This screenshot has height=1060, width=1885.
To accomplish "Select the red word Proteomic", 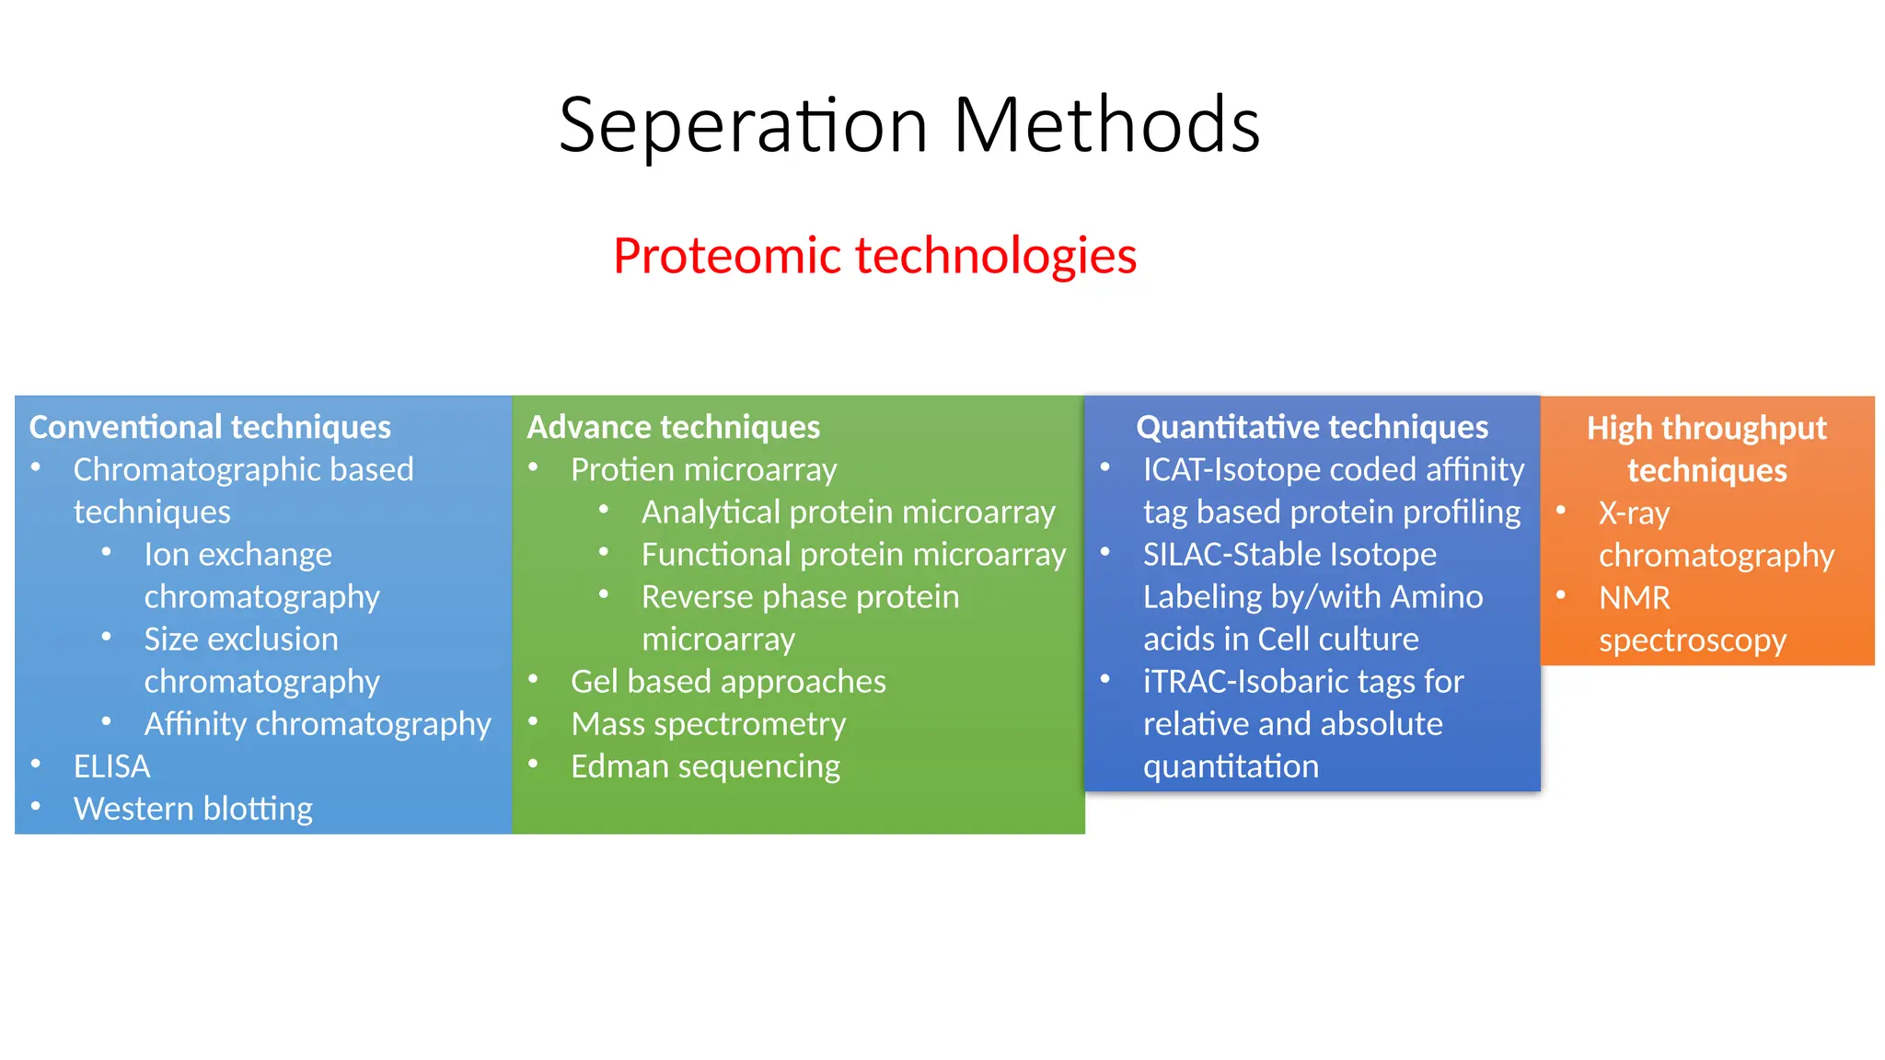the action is click(727, 257).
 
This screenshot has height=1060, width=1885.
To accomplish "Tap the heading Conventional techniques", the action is click(210, 427).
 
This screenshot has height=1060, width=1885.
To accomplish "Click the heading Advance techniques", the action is click(673, 427).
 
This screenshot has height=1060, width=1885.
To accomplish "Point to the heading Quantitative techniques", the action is click(1312, 427).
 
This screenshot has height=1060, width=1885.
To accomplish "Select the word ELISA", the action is click(111, 766).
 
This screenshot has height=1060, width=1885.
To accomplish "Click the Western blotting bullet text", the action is click(193, 809).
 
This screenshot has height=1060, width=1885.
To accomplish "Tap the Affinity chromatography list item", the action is click(318, 724).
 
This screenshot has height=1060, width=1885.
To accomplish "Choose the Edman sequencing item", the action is click(705, 766).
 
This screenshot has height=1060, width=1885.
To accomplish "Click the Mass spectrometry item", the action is click(708, 724).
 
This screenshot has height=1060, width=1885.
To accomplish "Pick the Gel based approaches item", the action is click(728, 682).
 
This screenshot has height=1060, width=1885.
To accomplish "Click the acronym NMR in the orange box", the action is click(1634, 598).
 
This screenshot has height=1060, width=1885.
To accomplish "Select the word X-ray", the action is click(1634, 513).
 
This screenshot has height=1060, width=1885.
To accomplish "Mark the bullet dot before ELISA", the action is click(36, 763).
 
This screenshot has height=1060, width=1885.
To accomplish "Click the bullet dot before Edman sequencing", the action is click(533, 763).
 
